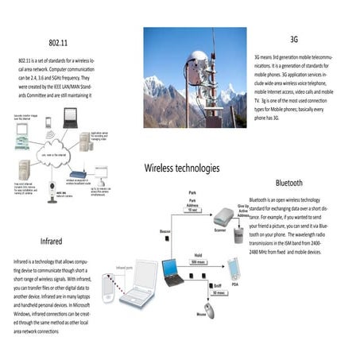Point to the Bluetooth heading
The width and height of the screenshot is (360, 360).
pyautogui.click(x=288, y=183)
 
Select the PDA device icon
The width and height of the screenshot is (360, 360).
pyautogui.click(x=233, y=267)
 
